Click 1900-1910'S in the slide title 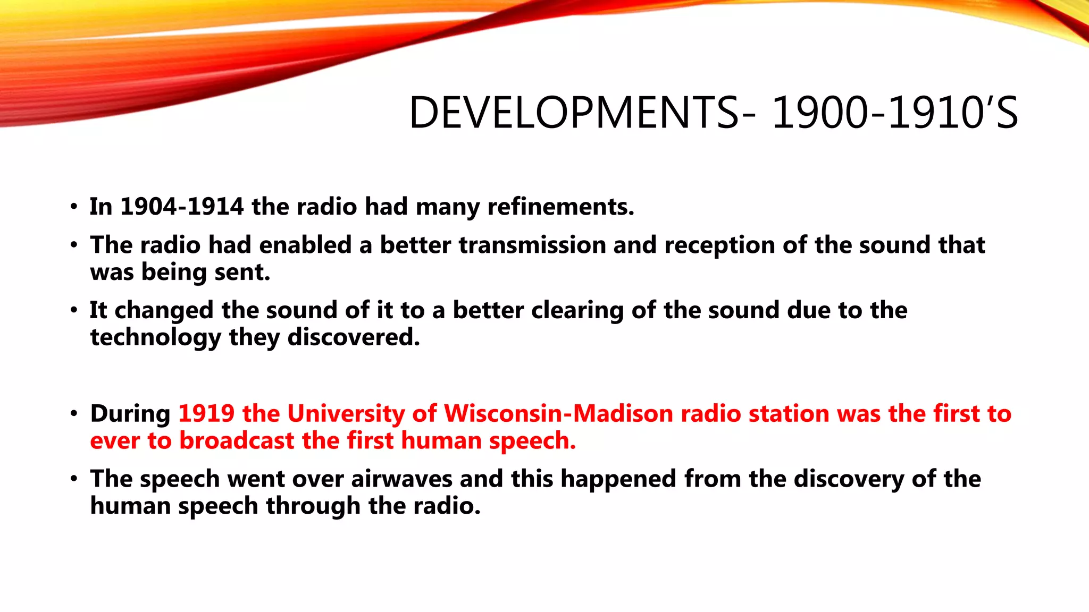click(894, 113)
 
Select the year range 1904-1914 click(182, 206)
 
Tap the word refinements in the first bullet click(560, 206)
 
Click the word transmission click(532, 245)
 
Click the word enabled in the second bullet click(305, 245)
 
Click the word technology click(155, 338)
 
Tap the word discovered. click(354, 337)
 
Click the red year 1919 click(206, 413)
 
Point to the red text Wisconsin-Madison click(558, 413)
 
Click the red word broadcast click(237, 441)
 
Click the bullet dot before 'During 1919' click(74, 414)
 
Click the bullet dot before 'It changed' click(74, 310)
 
